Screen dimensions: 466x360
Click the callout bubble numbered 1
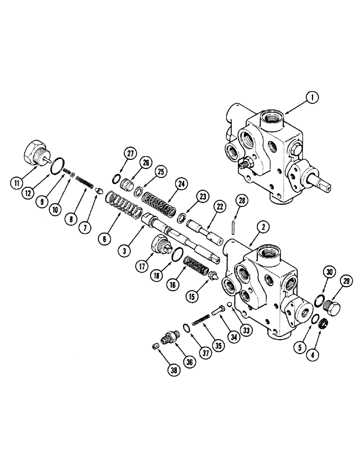(x=309, y=98)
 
